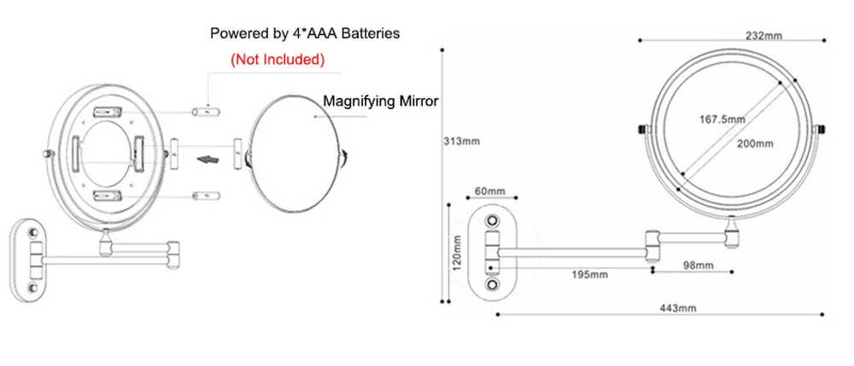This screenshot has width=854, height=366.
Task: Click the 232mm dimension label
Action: coord(764,35)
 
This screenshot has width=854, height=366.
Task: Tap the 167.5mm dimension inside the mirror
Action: coord(718,119)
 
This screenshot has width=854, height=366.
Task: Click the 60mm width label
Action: coord(490,190)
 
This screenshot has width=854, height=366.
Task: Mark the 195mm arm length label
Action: coord(589,275)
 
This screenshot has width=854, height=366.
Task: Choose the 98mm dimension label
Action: coord(698,266)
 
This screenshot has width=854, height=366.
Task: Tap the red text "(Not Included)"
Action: coord(278,60)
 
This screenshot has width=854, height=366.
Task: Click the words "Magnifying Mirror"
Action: coord(380,102)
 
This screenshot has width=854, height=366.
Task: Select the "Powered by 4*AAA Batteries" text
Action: coord(305,34)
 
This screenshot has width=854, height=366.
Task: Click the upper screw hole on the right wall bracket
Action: coord(492,221)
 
